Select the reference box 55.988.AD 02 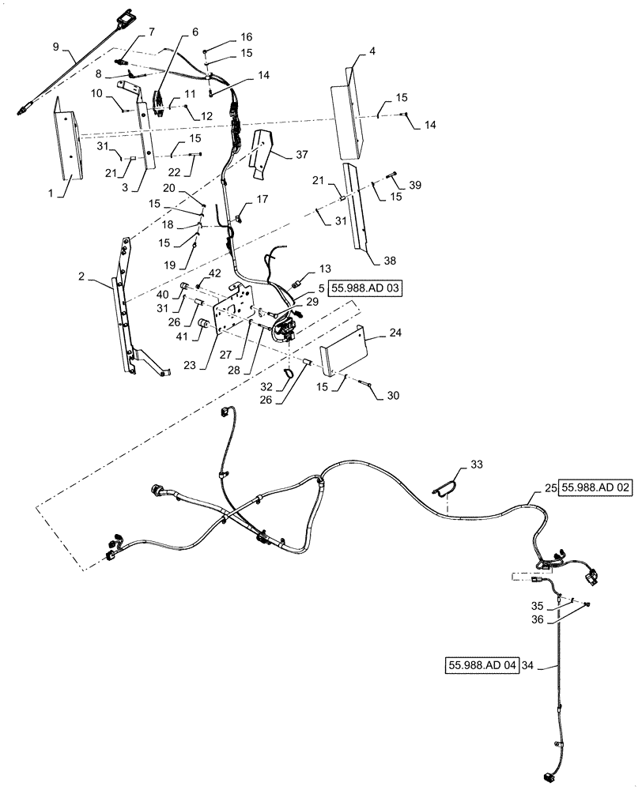(598, 489)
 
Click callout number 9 (56, 47)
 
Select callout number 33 (475, 464)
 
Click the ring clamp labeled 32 (290, 367)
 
